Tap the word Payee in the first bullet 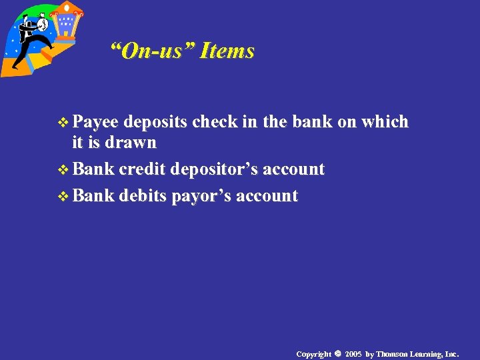click(x=95, y=122)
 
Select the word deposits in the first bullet click(x=155, y=122)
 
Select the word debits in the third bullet click(x=143, y=196)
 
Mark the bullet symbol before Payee click(x=64, y=123)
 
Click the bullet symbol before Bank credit click(x=64, y=170)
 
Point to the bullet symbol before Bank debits click(x=64, y=197)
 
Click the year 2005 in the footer click(x=353, y=353)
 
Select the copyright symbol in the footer click(x=337, y=353)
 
